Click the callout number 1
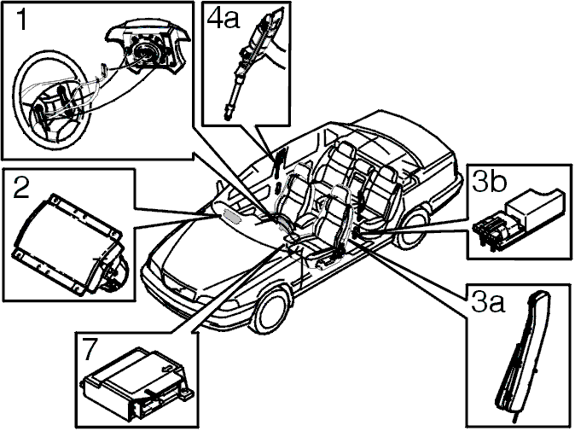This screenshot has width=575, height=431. coord(22,20)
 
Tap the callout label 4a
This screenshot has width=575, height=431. coord(223,18)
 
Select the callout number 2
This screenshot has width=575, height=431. coord(21,187)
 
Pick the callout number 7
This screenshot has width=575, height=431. coord(89,350)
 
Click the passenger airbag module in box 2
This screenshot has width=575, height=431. coord(70,242)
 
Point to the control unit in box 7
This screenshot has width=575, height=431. coord(137,385)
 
